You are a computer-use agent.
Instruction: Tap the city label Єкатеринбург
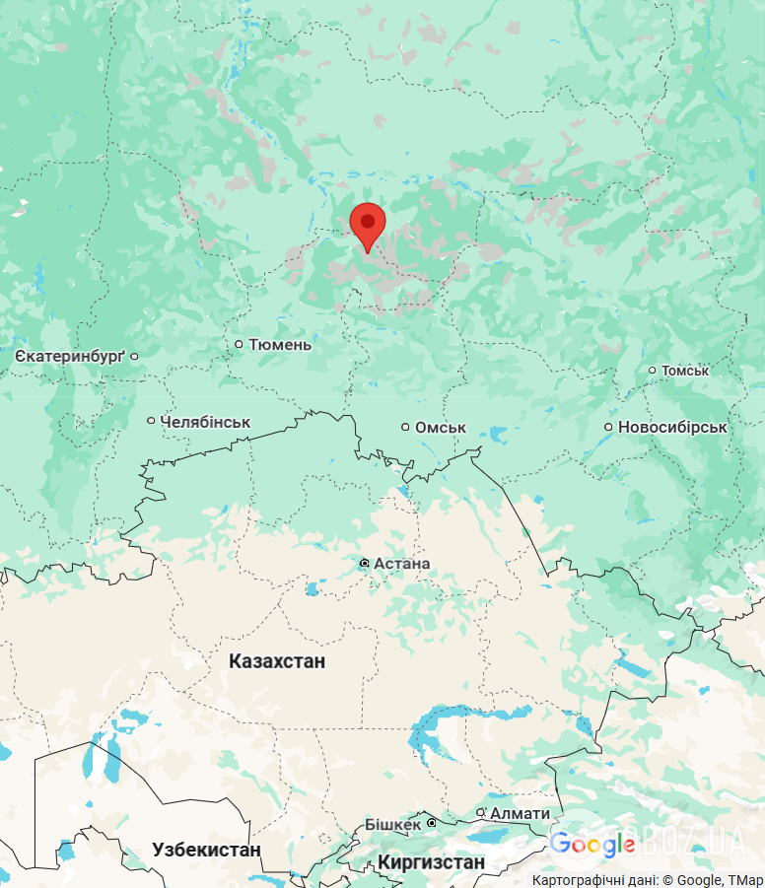pyautogui.click(x=70, y=355)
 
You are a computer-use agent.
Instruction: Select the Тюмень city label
pyautogui.click(x=280, y=344)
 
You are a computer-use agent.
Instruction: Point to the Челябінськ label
pyautogui.click(x=205, y=422)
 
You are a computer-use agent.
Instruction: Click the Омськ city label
pyautogui.click(x=441, y=428)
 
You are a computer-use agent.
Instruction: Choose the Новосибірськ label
pyautogui.click(x=672, y=428)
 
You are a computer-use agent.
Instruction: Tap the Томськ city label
pyautogui.click(x=685, y=371)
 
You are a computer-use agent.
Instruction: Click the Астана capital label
pyautogui.click(x=402, y=563)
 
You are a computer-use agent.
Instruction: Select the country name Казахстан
pyautogui.click(x=277, y=660)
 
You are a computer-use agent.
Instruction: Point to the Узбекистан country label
pyautogui.click(x=206, y=850)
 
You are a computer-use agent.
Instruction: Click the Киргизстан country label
pyautogui.click(x=432, y=862)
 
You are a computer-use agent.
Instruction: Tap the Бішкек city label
pyautogui.click(x=393, y=823)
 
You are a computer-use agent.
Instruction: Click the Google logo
pyautogui.click(x=591, y=845)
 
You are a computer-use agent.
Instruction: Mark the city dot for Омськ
pyautogui.click(x=405, y=427)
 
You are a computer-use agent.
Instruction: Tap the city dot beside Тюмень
pyautogui.click(x=239, y=344)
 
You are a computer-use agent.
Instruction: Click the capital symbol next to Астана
pyautogui.click(x=364, y=563)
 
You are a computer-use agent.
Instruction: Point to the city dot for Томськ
pyautogui.click(x=652, y=371)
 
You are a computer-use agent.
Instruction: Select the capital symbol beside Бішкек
pyautogui.click(x=431, y=823)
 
